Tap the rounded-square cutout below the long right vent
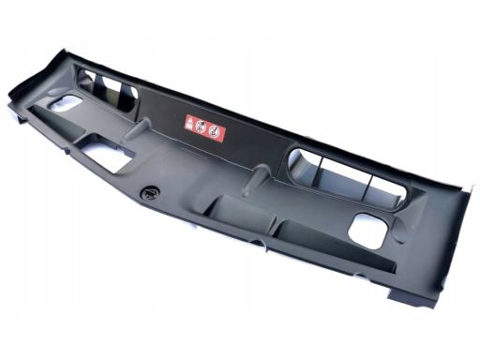tap(368, 231)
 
